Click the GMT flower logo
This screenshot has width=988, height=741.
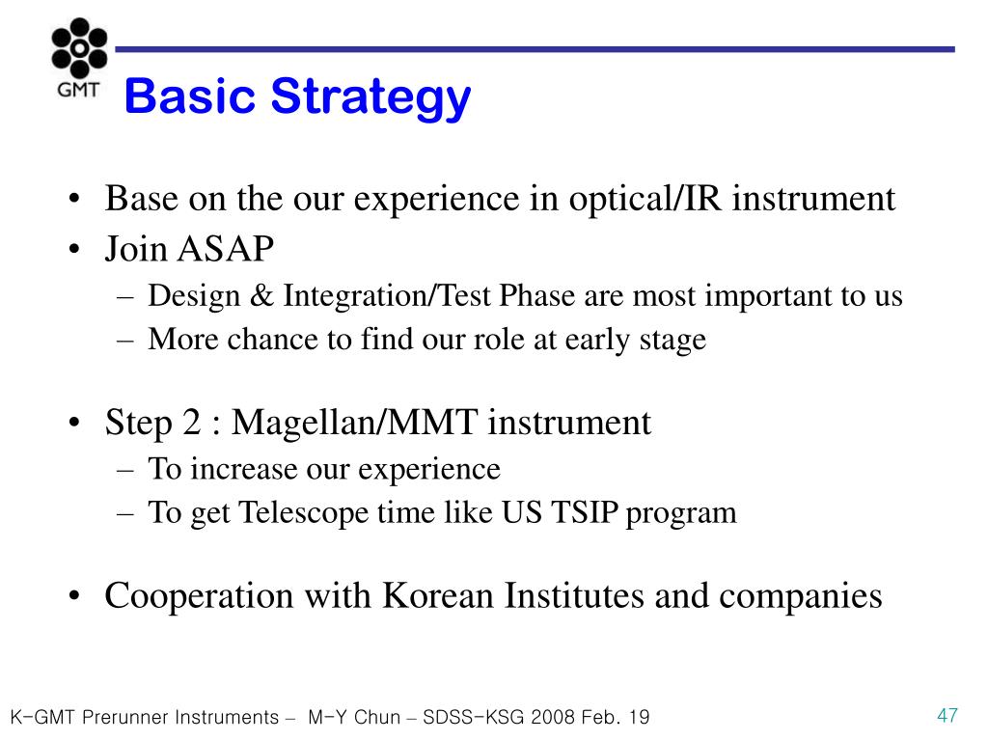(79, 48)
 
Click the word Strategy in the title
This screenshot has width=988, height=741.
(370, 97)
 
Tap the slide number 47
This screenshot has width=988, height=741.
(947, 715)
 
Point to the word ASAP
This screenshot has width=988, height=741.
(226, 248)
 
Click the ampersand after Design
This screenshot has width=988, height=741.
(261, 295)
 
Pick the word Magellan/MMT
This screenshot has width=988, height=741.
(354, 422)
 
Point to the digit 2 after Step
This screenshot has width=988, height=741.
(192, 423)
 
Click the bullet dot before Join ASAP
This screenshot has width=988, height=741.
(74, 250)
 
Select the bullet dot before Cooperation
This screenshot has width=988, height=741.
(74, 596)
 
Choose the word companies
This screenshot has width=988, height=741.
(800, 597)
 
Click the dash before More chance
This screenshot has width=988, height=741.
(125, 341)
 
